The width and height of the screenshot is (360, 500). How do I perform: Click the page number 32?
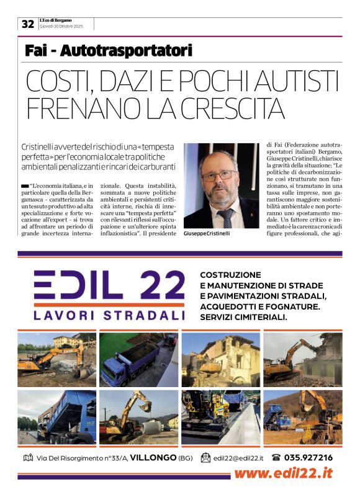point(28,24)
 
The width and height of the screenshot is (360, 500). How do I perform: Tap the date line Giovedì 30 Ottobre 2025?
point(60,27)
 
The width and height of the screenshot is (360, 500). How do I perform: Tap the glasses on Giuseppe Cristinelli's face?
point(218,176)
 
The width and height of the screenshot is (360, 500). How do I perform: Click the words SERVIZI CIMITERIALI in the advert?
point(243,317)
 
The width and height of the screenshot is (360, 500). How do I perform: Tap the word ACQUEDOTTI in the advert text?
point(229,306)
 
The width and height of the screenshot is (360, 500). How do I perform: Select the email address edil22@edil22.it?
point(238,458)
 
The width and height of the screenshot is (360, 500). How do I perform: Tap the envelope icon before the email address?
point(205,458)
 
